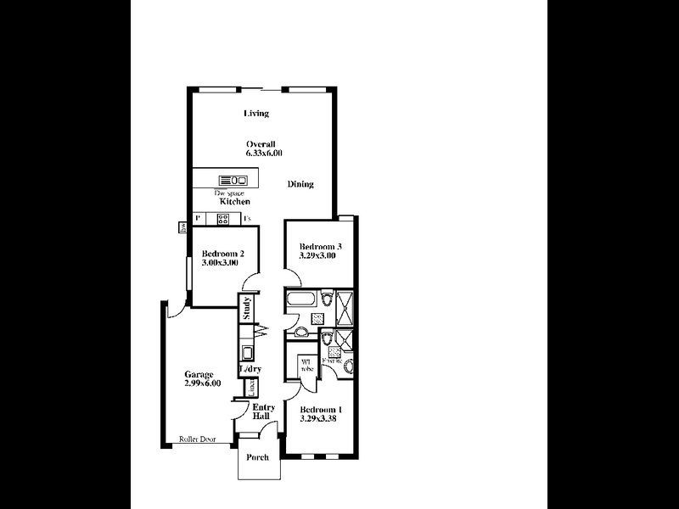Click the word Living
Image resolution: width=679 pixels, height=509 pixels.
(256, 114)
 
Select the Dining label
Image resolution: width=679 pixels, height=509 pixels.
(300, 184)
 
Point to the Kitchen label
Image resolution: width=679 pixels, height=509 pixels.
(234, 202)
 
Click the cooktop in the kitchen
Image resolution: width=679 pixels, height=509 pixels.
(223, 219)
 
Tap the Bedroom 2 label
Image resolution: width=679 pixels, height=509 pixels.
(223, 253)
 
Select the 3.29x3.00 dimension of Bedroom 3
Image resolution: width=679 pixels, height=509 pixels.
(318, 255)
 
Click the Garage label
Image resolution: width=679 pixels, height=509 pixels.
(199, 374)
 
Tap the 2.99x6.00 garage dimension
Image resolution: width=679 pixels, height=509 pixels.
(202, 383)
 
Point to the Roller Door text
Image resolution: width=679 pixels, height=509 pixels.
(197, 439)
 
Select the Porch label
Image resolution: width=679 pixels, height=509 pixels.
(257, 457)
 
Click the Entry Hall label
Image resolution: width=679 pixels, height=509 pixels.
(262, 413)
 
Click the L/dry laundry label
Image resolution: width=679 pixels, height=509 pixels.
(250, 369)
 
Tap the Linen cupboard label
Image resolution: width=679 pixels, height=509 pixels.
(250, 388)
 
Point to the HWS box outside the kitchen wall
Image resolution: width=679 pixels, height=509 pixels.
(183, 227)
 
